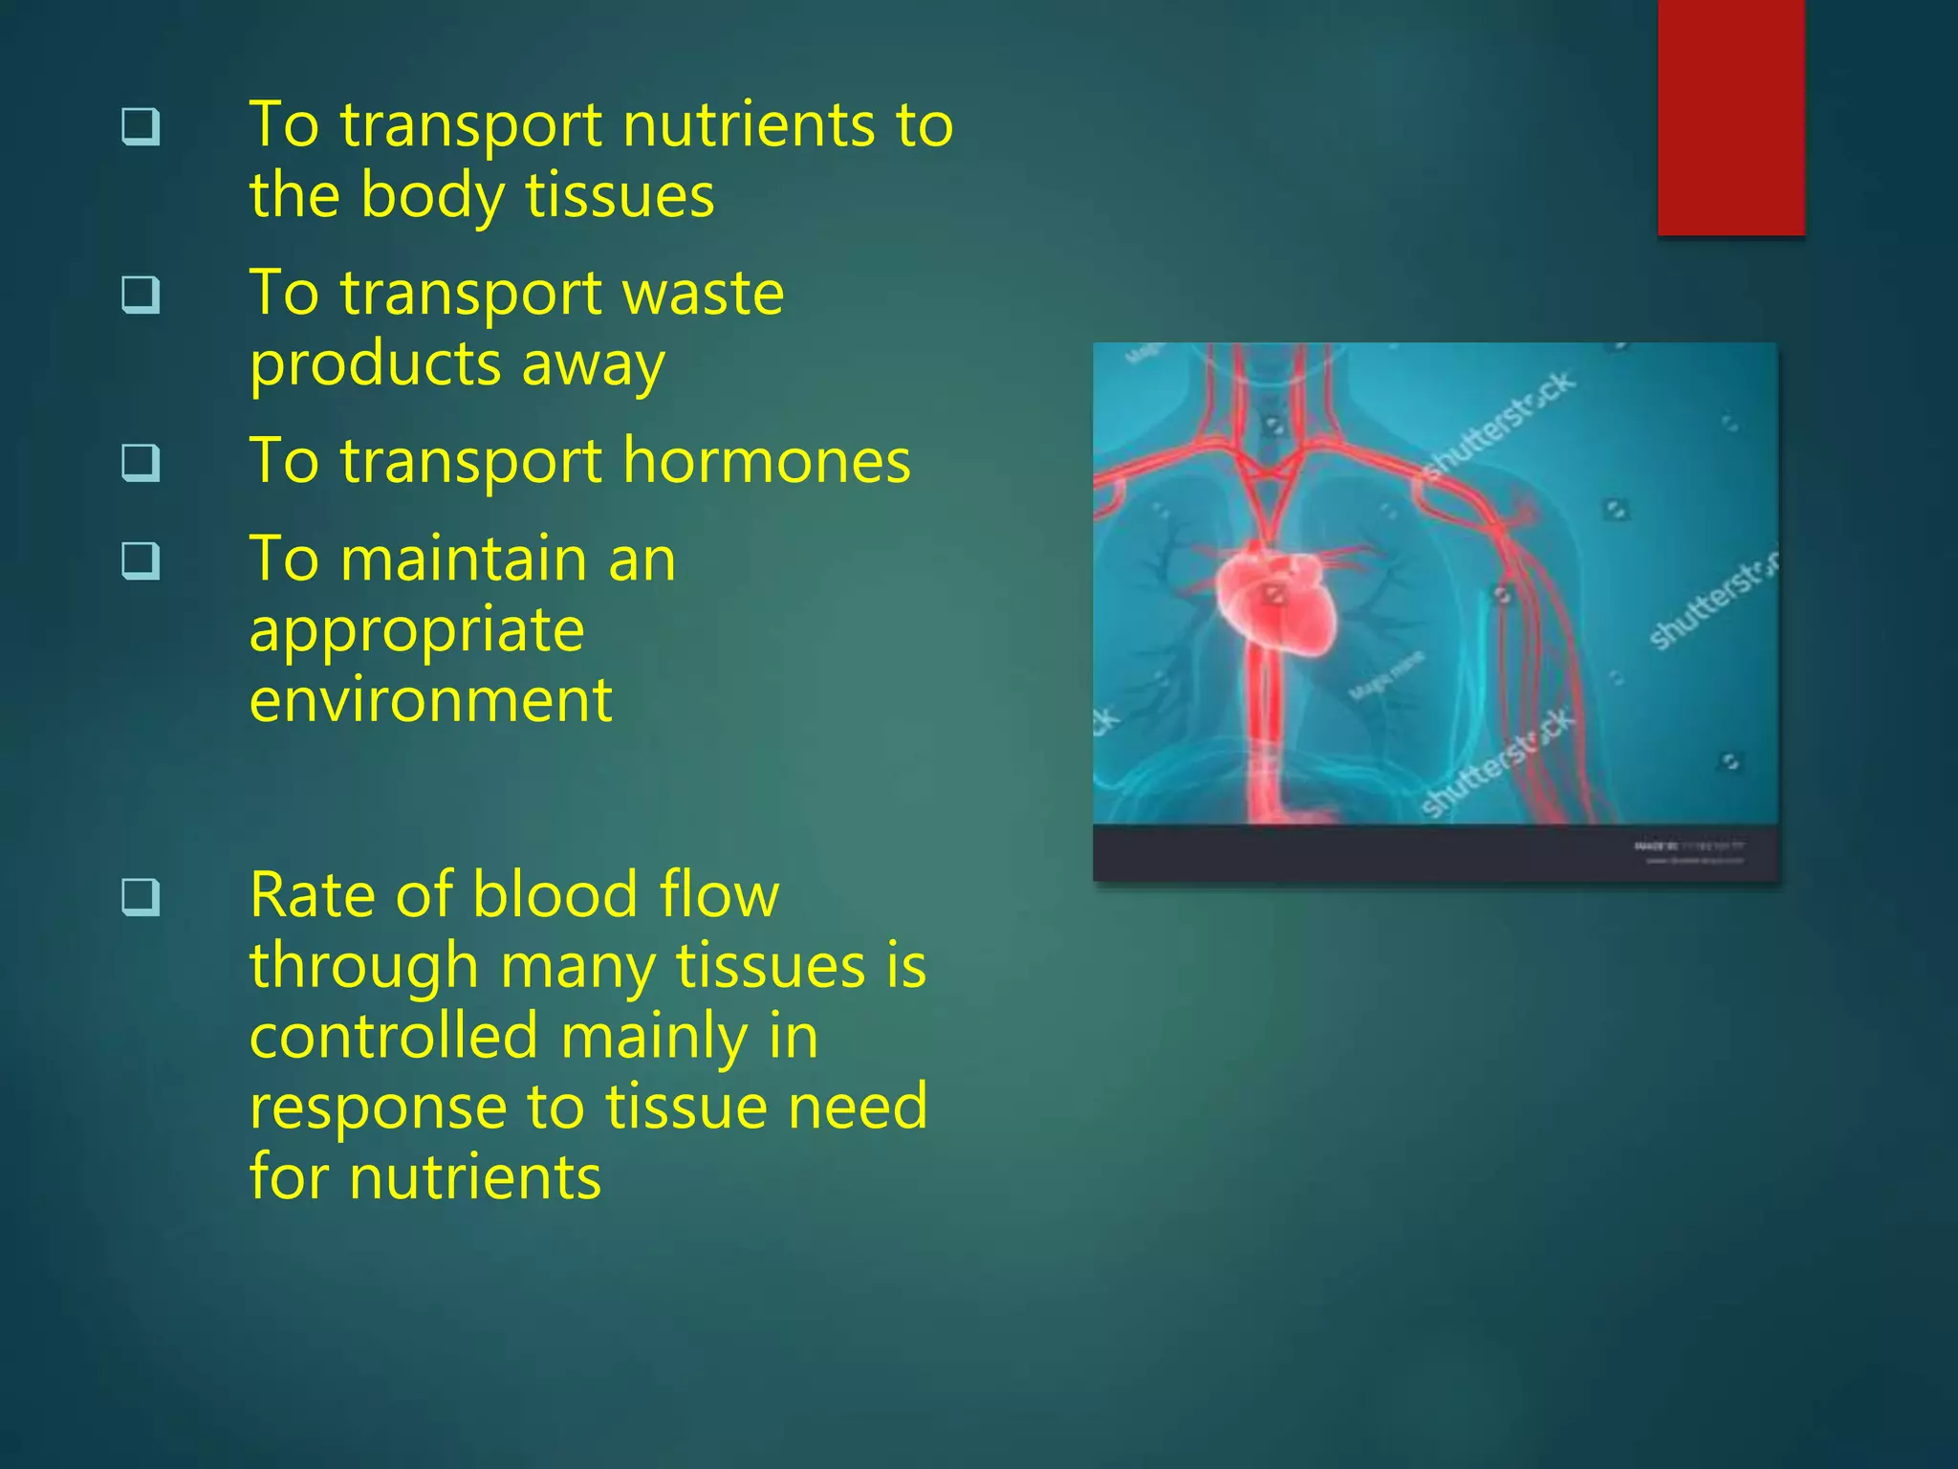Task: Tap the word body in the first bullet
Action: click(432, 196)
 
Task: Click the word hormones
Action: click(767, 462)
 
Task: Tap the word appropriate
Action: click(417, 630)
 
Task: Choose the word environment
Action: click(430, 701)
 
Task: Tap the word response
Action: click(378, 1108)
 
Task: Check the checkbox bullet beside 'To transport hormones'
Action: click(141, 463)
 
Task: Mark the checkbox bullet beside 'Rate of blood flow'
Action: click(141, 897)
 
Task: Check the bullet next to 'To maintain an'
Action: click(141, 560)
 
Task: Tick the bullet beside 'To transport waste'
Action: click(141, 295)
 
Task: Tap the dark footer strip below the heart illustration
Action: click(1434, 852)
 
